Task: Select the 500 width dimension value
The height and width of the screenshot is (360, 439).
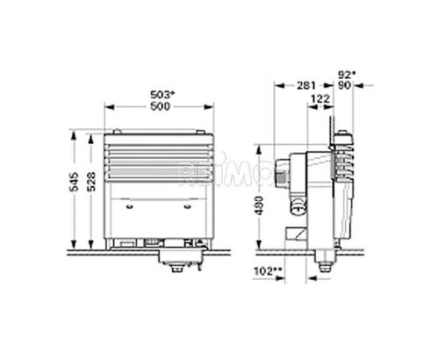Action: pos(159,106)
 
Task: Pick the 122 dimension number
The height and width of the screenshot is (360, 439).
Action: pos(321,99)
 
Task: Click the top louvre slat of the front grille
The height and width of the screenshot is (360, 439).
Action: pos(158,140)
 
